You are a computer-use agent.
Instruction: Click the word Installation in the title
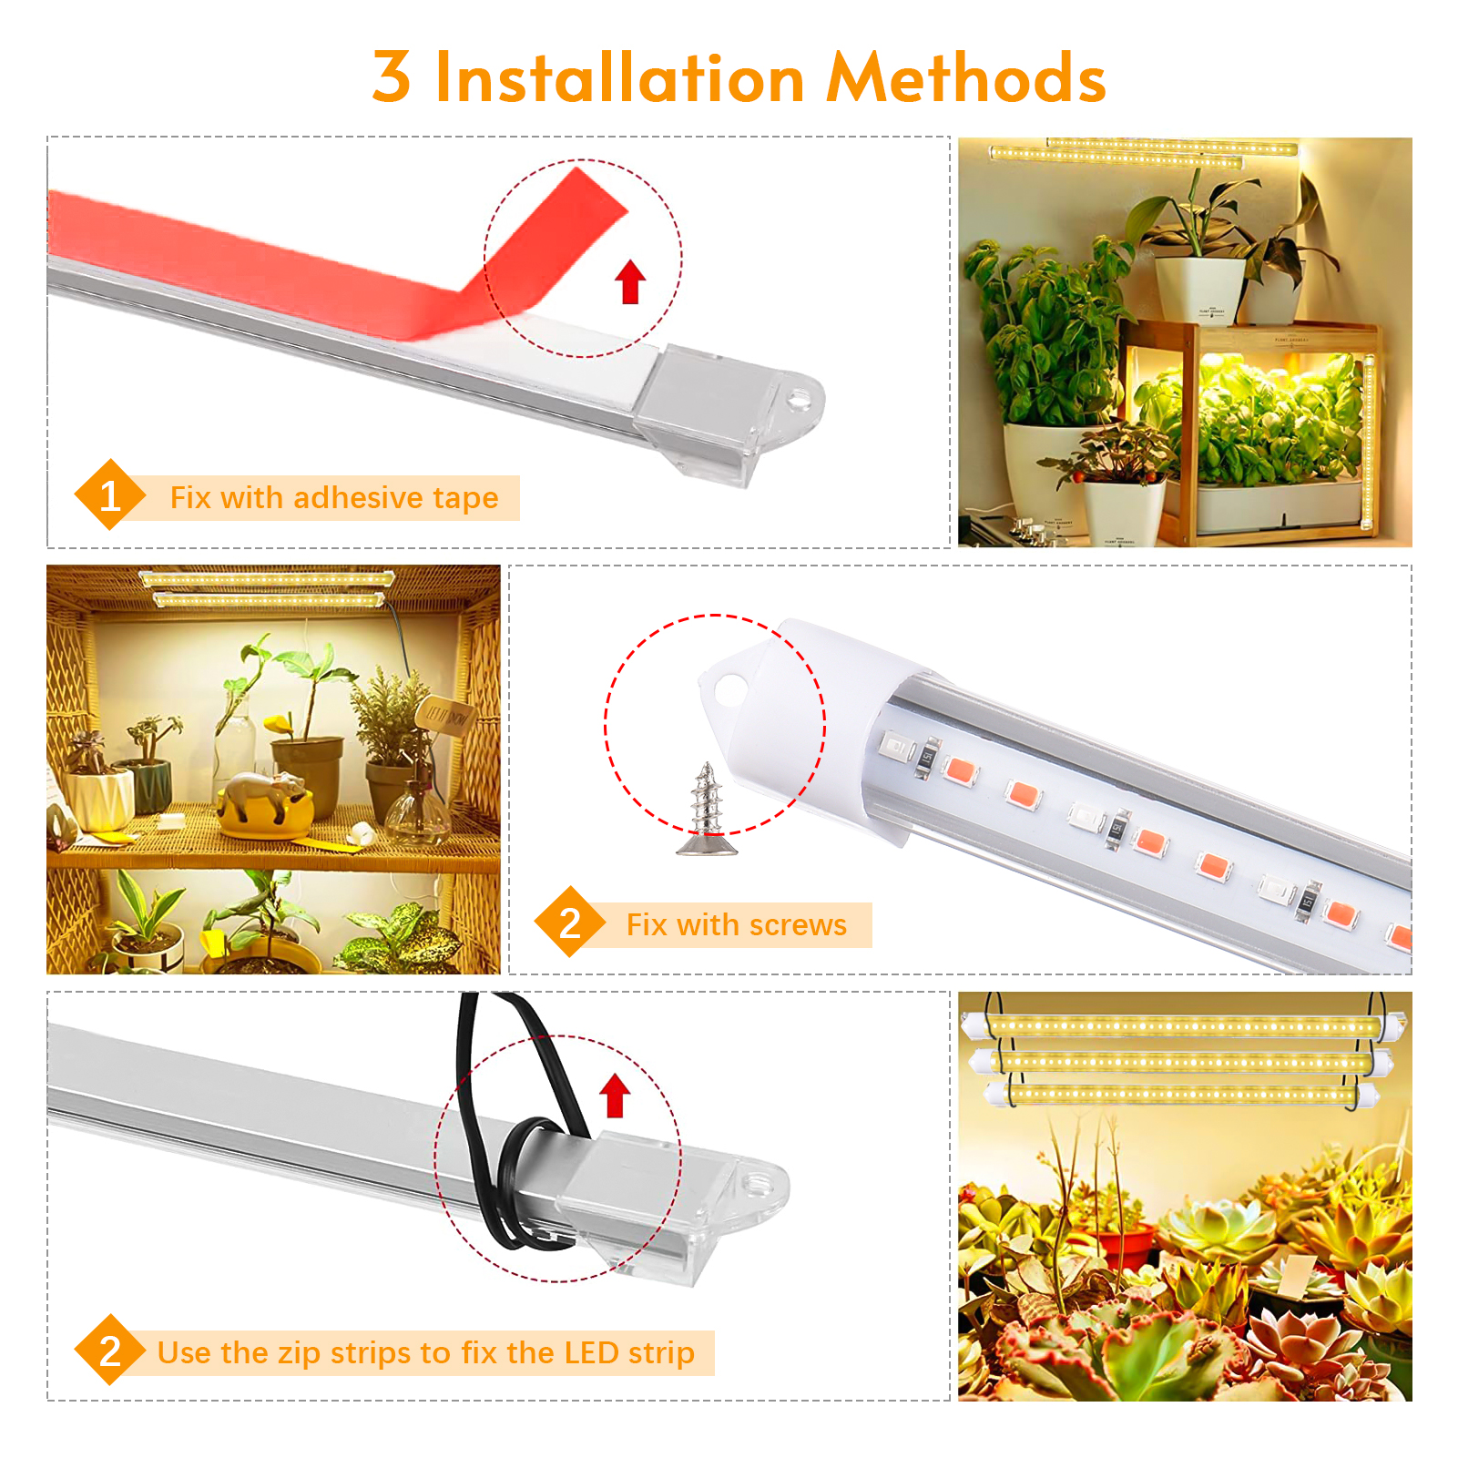click(620, 77)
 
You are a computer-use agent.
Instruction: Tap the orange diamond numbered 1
click(110, 495)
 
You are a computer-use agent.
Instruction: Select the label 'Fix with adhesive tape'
click(334, 498)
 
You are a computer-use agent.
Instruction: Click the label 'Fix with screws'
click(737, 925)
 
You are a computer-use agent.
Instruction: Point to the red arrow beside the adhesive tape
click(630, 281)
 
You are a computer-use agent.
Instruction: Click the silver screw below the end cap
click(707, 810)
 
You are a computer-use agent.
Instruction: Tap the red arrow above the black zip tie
click(615, 1096)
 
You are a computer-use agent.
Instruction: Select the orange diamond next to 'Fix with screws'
click(570, 923)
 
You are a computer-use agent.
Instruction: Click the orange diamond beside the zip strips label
click(110, 1351)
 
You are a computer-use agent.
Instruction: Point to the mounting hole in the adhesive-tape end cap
click(799, 399)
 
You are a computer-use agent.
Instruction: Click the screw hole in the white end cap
click(729, 690)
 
